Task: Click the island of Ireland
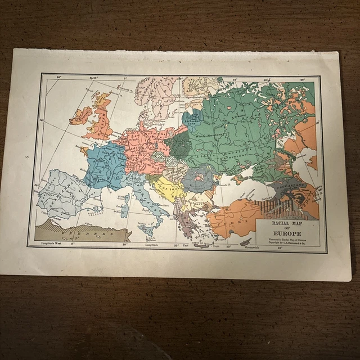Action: pyautogui.click(x=80, y=115)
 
